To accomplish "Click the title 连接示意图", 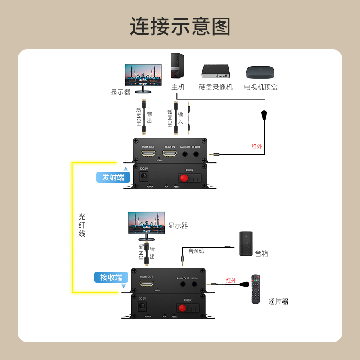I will pos(180,27).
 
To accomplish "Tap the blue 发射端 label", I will pos(113,177).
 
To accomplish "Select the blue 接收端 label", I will pos(111,277).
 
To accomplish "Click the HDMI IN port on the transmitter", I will pos(169,154).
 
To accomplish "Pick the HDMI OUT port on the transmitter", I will pos(148,154).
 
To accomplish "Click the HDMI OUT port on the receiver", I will pos(146,284).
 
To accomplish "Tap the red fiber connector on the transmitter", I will pos(184,178).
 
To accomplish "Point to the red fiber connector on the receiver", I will pos(182,309).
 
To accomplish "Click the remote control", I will pos(256,289).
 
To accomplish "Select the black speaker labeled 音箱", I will pos(246,243).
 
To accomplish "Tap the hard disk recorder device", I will pos(216,71).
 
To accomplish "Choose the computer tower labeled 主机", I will pos(177,66).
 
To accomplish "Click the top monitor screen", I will pos(143,75).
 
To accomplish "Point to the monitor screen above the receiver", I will pos(147,222).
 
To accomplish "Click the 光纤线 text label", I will pos(82,225).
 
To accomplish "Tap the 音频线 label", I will pos(196,251).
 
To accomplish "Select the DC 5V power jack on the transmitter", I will pos(144,176).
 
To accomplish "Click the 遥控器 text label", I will pos(278,301).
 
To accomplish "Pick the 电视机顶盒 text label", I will pos(261,87).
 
